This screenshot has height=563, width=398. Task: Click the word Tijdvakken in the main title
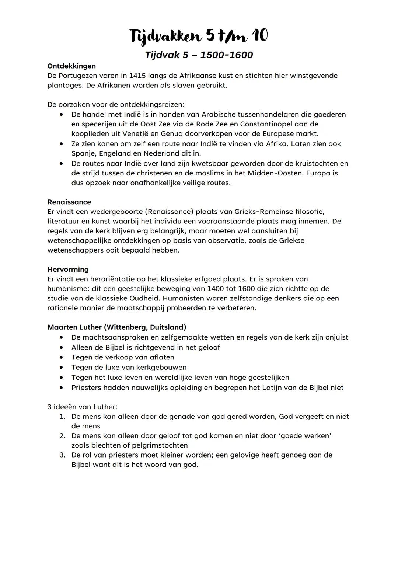tap(165, 37)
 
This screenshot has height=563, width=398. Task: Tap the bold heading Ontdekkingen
tap(71, 66)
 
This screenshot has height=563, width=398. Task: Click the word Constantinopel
tap(265, 124)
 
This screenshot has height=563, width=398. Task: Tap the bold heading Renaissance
tap(69, 202)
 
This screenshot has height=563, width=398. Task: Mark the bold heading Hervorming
tap(68, 269)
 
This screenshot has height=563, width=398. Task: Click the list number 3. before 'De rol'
tap(63, 455)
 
